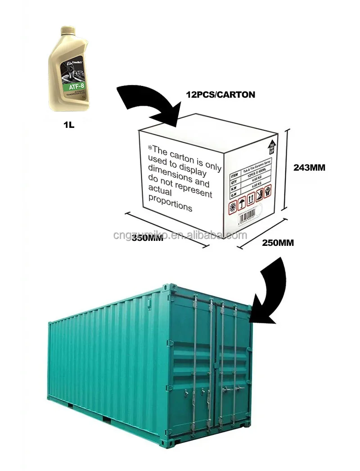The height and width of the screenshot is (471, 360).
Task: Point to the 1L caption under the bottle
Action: pos(68,123)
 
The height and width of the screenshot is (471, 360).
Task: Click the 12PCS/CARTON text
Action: pos(220,95)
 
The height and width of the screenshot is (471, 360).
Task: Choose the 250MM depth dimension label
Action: pos(278,243)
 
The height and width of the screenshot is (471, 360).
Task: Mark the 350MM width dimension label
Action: pos(147,239)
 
